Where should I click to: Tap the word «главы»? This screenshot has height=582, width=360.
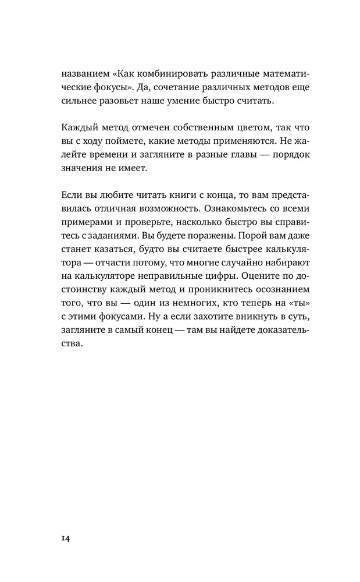[x=228, y=155]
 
